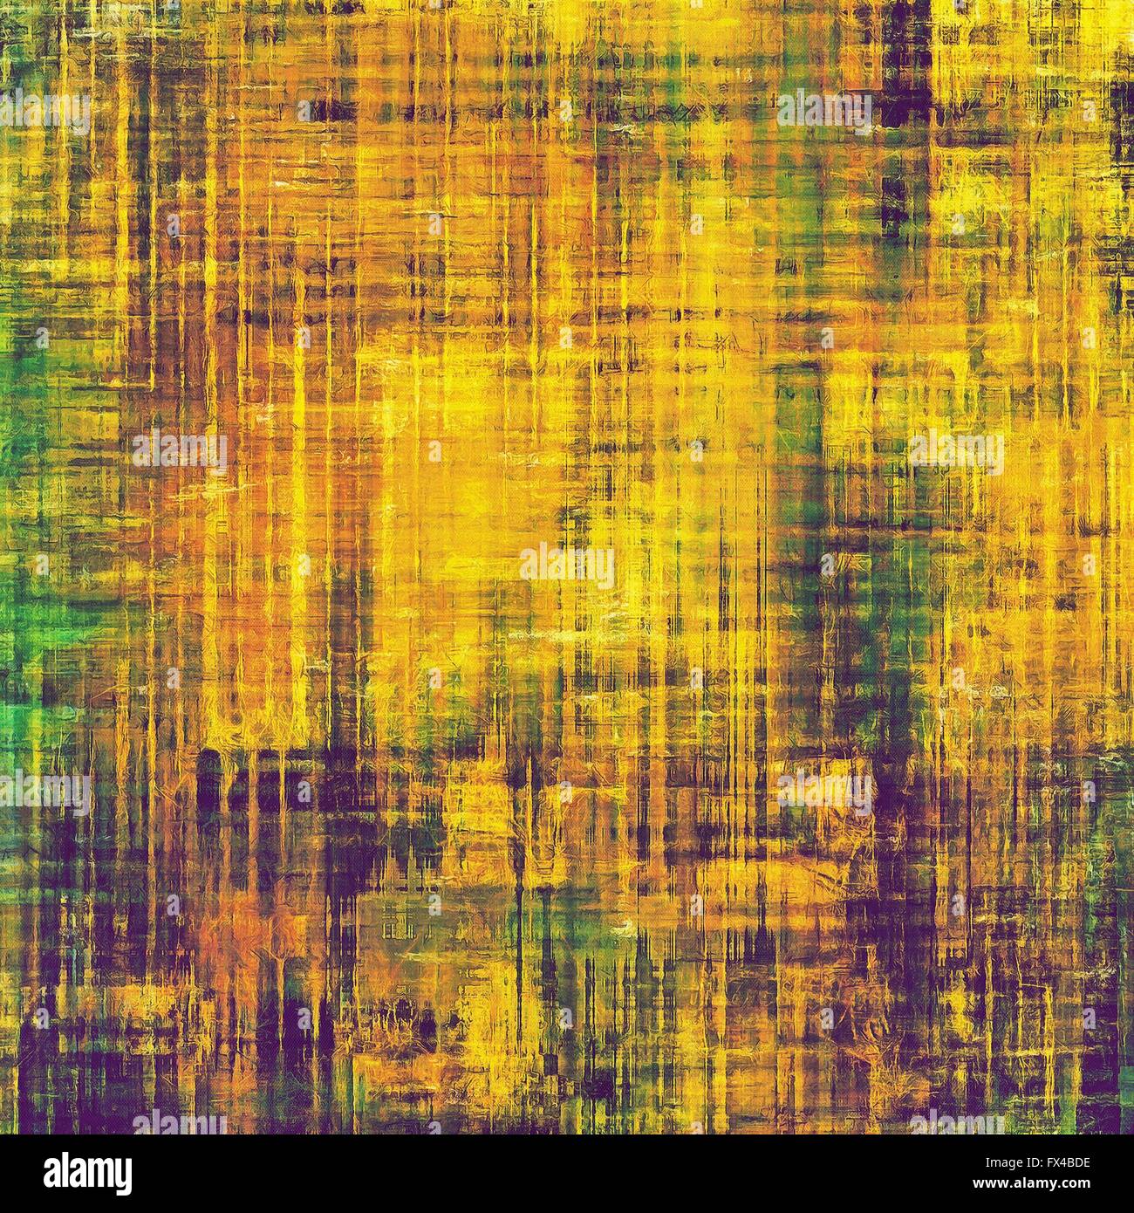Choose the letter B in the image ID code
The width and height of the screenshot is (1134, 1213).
[1067, 1163]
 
